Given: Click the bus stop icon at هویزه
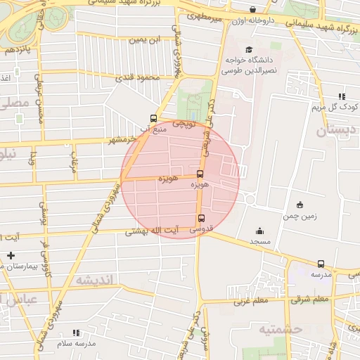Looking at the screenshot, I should (200, 174).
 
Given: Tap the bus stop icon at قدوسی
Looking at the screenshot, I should (202, 219).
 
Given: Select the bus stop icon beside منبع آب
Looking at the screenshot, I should (154, 119).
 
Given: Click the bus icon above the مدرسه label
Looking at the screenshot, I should (321, 264).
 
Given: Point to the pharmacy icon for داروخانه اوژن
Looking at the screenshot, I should (253, 10).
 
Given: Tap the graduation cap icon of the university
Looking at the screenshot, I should (249, 49).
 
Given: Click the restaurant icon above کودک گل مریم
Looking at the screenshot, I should (342, 96).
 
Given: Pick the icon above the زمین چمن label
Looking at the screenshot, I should (300, 205).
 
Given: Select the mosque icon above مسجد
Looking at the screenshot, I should (259, 231).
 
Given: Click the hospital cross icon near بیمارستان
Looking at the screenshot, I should (10, 255).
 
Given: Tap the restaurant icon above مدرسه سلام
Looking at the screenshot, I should (76, 332).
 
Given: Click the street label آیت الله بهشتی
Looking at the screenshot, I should (150, 231).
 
